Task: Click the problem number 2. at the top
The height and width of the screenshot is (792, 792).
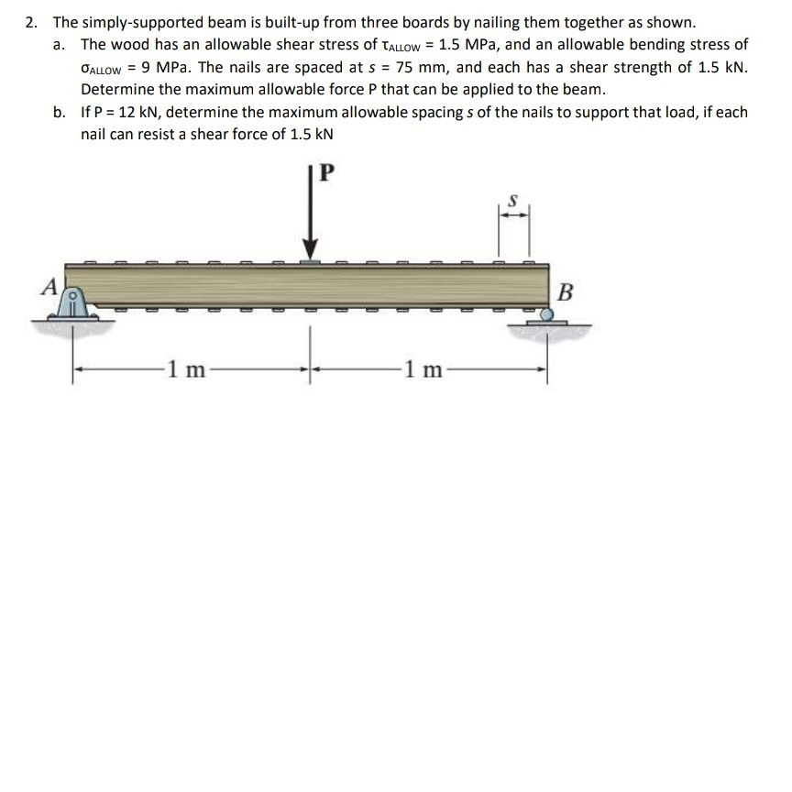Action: tap(33, 22)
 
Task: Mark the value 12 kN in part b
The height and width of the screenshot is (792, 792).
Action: tap(137, 112)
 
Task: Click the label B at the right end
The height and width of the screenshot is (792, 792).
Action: tap(566, 293)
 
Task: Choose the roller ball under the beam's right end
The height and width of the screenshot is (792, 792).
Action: tap(546, 314)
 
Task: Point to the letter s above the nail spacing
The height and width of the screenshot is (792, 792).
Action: tap(513, 198)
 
